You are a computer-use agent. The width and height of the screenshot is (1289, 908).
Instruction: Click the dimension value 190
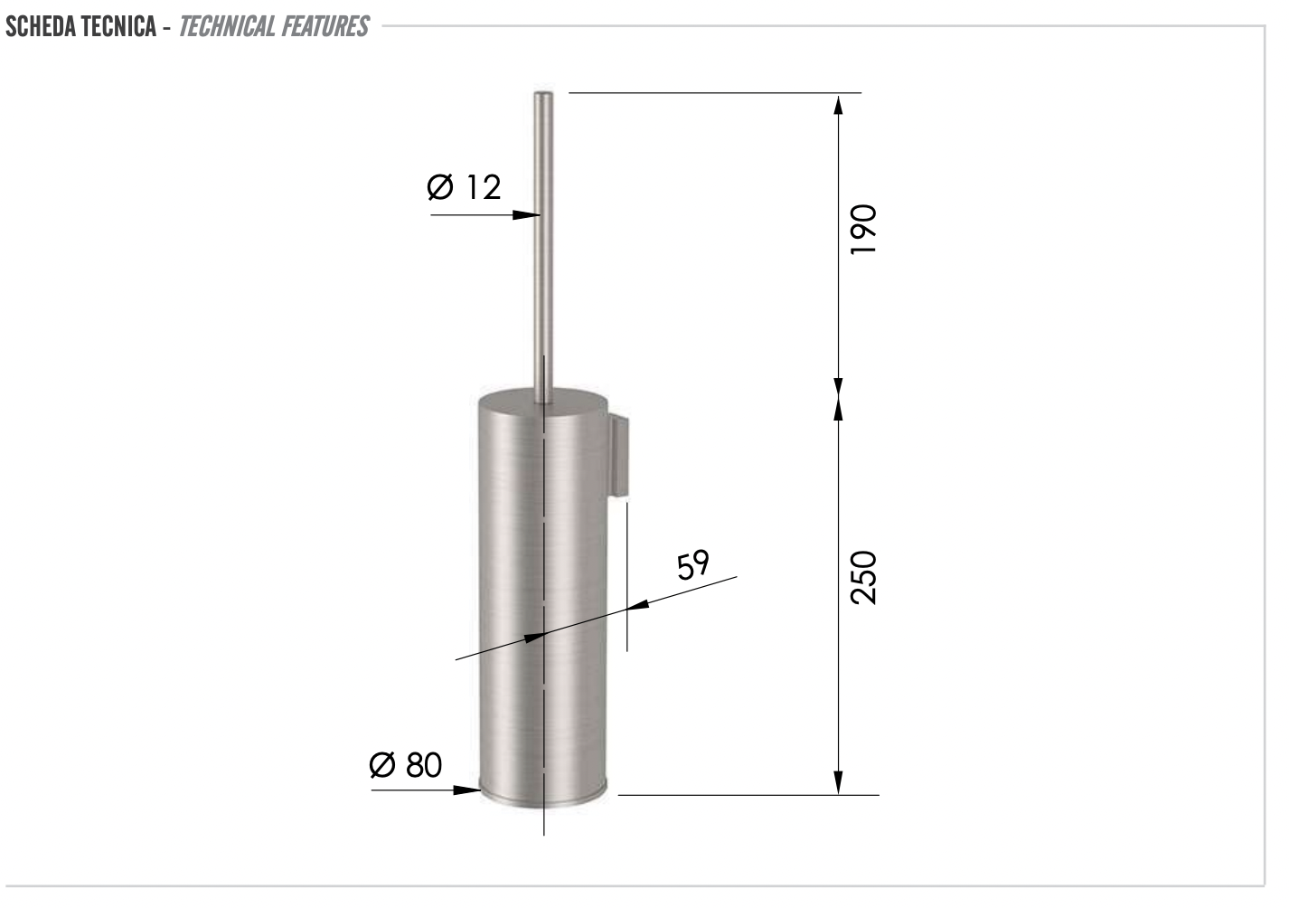point(864,230)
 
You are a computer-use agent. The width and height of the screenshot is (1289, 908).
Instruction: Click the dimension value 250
point(864,577)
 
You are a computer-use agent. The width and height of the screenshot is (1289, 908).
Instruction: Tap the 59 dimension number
point(693,565)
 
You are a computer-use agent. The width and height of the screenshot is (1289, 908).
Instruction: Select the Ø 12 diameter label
point(464,187)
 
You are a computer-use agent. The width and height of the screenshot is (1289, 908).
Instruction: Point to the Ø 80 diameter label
point(406,765)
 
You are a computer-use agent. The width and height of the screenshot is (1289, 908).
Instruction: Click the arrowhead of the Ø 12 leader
point(528,215)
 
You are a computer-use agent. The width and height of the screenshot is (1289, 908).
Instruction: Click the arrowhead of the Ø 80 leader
point(468,790)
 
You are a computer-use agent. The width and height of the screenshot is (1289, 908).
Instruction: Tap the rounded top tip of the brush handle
point(543,95)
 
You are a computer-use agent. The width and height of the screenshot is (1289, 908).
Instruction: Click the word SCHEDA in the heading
point(41,26)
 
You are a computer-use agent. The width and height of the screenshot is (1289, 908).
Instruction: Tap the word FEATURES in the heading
point(325,26)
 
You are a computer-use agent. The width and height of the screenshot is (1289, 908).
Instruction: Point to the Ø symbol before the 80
point(383,765)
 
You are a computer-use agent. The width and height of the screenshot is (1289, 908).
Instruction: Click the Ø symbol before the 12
point(440,187)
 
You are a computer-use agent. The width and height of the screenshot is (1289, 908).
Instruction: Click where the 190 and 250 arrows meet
point(838,399)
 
